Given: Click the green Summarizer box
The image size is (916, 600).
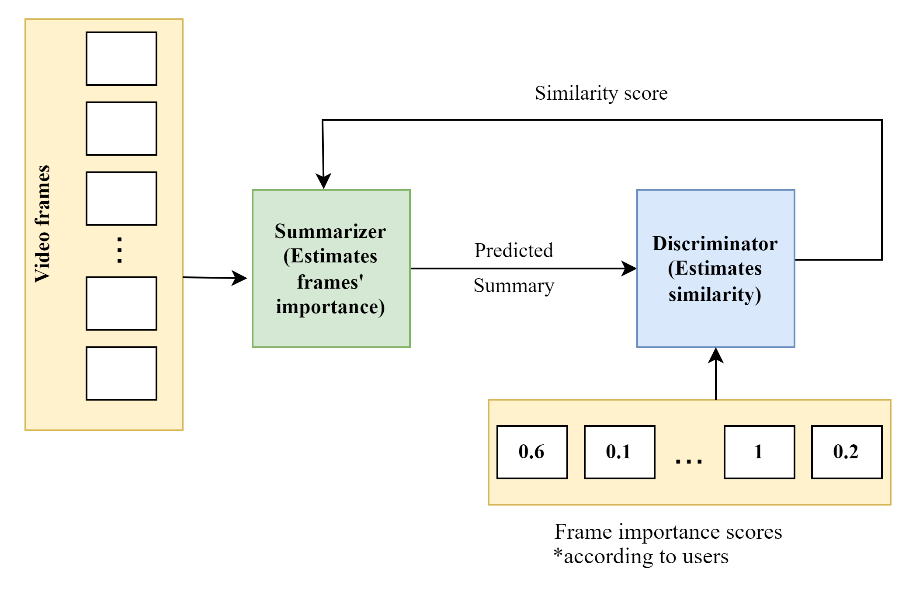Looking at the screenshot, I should (331, 269).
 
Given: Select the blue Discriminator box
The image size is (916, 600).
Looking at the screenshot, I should (715, 269).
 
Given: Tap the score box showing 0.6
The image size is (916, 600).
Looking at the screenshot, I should (532, 452).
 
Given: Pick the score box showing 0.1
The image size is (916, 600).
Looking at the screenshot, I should (619, 452).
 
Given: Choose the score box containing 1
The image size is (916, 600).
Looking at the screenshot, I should (759, 452).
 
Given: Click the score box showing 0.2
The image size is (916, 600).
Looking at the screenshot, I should (847, 452).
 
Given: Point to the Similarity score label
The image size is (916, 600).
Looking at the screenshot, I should (601, 93).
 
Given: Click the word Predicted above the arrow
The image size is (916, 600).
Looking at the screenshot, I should (514, 251).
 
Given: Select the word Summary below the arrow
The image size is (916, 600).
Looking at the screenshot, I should (514, 286).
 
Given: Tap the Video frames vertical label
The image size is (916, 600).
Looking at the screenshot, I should (43, 223).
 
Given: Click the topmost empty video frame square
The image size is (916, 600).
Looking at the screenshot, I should (121, 59).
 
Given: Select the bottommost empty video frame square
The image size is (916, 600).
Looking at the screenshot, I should (121, 373).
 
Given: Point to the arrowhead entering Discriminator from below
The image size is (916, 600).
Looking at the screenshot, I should (716, 355).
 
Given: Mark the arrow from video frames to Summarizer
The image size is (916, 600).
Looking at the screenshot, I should (214, 278).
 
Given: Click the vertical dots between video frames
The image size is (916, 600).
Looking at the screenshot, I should (119, 250).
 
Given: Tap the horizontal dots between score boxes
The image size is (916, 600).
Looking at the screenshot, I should (689, 461).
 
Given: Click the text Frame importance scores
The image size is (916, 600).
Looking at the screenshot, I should (668, 532).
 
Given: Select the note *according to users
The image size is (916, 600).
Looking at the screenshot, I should (641, 557).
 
